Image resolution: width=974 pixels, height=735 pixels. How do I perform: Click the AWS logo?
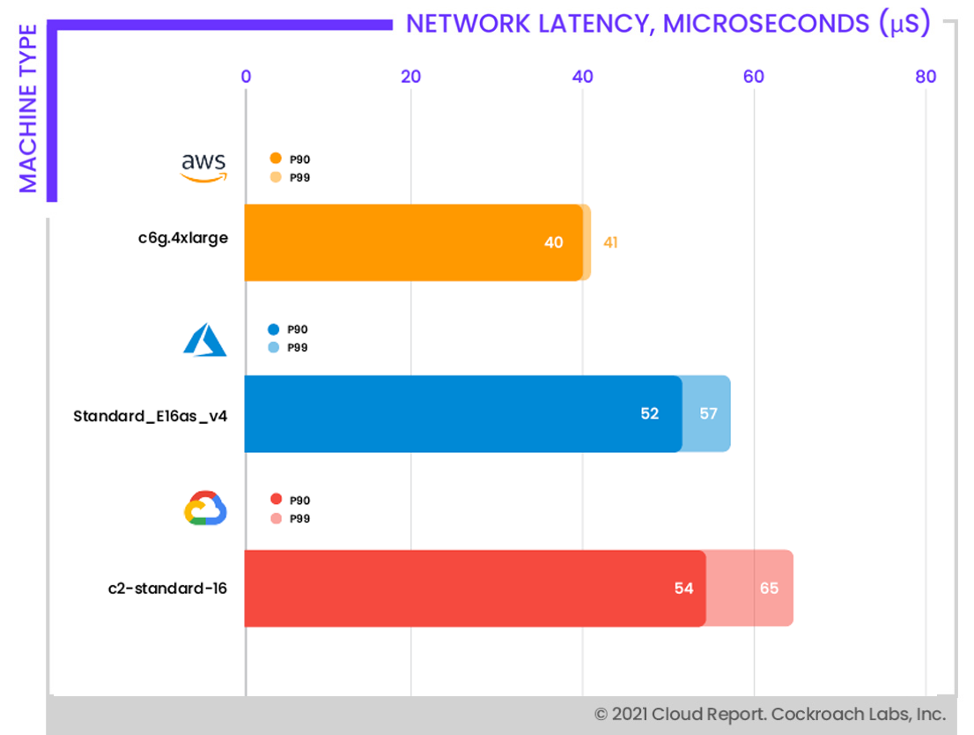point(203,167)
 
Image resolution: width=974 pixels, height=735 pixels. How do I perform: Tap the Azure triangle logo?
point(204,338)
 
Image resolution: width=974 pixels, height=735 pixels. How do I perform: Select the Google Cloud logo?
point(205,509)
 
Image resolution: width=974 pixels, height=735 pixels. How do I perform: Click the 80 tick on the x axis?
point(925,77)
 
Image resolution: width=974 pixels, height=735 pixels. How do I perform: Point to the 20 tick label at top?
point(410,77)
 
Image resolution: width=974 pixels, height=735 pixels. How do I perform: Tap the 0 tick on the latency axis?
point(246,77)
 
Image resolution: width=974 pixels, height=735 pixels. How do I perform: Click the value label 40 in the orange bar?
point(554,242)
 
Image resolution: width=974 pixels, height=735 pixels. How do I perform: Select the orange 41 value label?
point(610,242)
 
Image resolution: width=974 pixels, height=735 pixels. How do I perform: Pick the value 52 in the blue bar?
point(650,413)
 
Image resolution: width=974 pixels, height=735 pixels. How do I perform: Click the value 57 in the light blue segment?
point(708,413)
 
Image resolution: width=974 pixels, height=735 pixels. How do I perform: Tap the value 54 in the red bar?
point(684,588)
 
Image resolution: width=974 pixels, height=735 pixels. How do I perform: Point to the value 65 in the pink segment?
point(769,588)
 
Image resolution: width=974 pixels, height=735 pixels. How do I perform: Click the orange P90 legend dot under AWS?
point(275,159)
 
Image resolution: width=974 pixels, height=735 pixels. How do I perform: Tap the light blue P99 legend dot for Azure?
point(274,347)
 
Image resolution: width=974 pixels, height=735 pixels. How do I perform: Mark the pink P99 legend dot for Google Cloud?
point(275,518)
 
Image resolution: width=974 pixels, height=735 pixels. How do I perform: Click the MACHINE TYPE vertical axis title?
point(28,108)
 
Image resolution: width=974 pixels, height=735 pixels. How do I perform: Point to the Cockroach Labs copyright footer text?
point(770,714)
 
